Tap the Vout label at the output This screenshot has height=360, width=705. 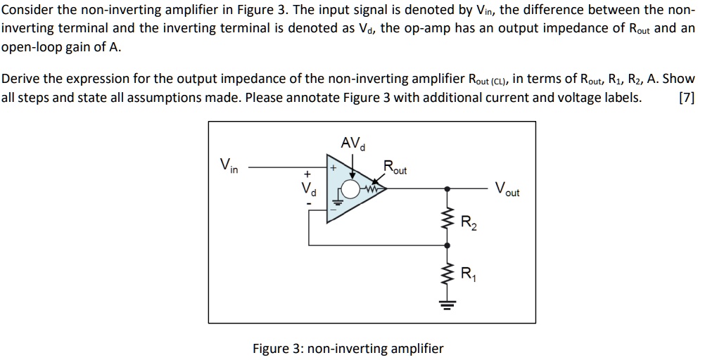pyautogui.click(x=507, y=189)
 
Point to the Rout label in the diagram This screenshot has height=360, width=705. pyautogui.click(x=395, y=168)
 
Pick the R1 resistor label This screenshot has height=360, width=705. pyautogui.click(x=467, y=274)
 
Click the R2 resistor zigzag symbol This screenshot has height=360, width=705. pyautogui.click(x=446, y=221)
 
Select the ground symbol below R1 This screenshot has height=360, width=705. pyautogui.click(x=446, y=304)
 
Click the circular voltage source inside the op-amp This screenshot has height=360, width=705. pyautogui.click(x=350, y=188)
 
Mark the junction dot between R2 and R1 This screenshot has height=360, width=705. pyautogui.click(x=446, y=245)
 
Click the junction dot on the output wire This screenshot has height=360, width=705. pyautogui.click(x=446, y=188)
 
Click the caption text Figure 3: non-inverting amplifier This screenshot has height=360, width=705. pyautogui.click(x=348, y=348)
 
